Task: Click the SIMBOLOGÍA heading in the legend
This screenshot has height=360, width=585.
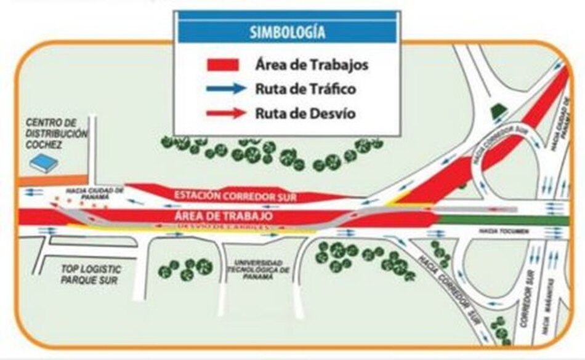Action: pyautogui.click(x=288, y=32)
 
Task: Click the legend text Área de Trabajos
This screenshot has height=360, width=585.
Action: pyautogui.click(x=312, y=64)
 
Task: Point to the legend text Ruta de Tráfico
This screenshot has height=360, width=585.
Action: pyautogui.click(x=305, y=89)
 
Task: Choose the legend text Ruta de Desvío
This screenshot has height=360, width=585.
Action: pyautogui.click(x=305, y=113)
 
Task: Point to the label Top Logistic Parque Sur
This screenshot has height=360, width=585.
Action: pyautogui.click(x=91, y=274)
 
